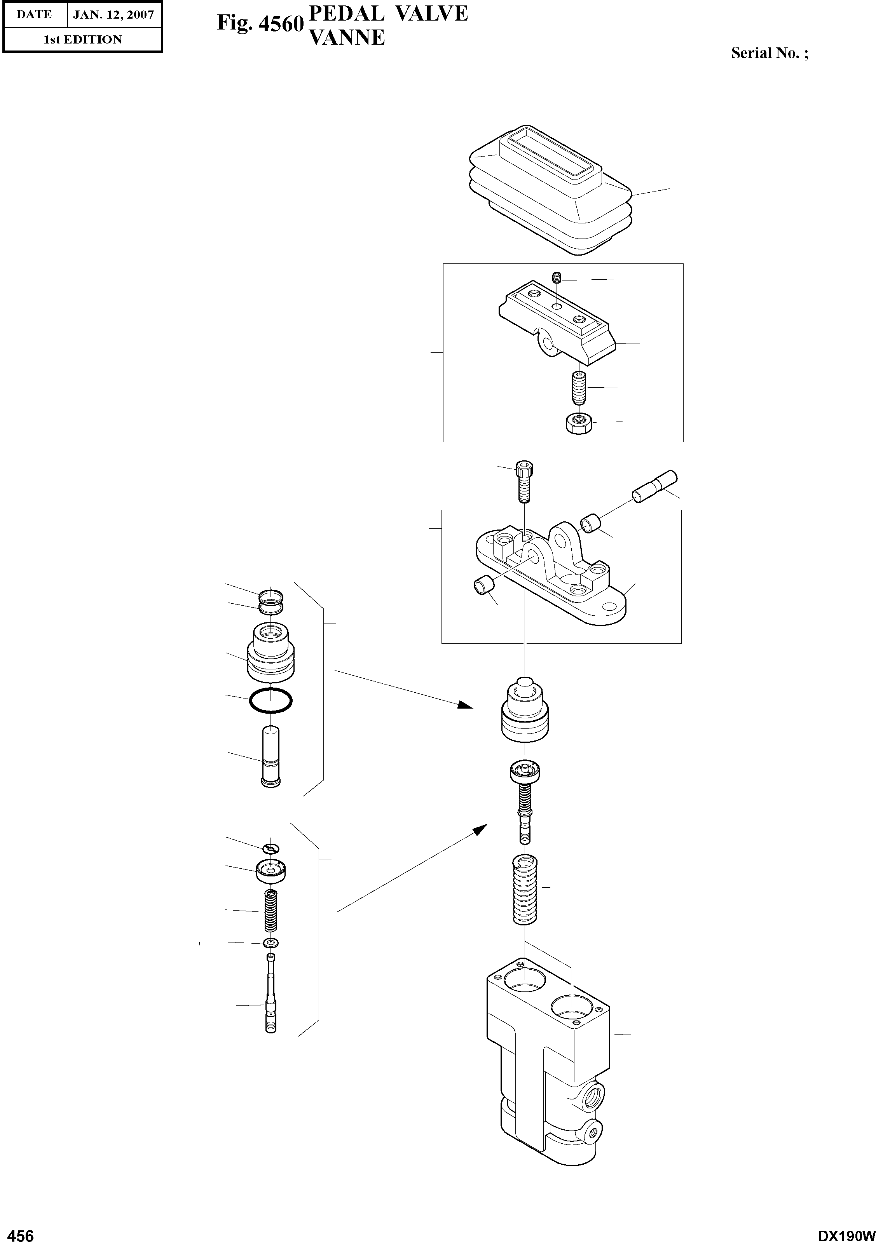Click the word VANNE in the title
tap(346, 38)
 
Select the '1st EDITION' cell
tap(82, 40)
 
